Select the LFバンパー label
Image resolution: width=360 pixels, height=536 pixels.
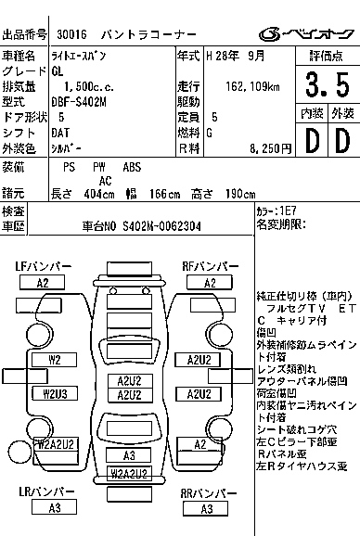pyautogui.click(x=43, y=267)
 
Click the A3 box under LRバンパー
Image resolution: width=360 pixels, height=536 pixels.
pyautogui.click(x=55, y=508)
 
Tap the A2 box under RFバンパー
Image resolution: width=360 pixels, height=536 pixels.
pyautogui.click(x=210, y=283)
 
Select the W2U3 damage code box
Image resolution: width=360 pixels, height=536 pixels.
pyautogui.click(x=55, y=393)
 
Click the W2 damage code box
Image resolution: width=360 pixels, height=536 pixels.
pyautogui.click(x=55, y=360)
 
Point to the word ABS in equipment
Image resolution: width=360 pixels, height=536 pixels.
pyautogui.click(x=133, y=168)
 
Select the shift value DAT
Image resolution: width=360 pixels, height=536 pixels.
pyautogui.click(x=62, y=133)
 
